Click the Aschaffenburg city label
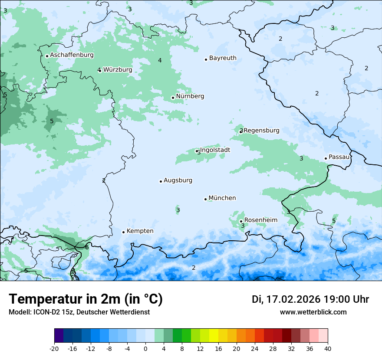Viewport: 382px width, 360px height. point(72,55)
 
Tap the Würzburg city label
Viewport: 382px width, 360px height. point(117,70)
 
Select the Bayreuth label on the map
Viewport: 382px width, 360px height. point(223,58)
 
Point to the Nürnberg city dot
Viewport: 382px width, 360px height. point(173,98)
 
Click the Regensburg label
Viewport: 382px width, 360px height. point(262,131)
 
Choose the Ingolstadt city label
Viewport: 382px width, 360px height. point(215,150)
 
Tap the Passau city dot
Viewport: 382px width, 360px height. point(326,158)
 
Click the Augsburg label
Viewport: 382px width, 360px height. point(178,180)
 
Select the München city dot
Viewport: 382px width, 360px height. point(205,199)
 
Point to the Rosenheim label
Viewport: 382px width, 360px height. point(260,220)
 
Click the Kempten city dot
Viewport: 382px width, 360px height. point(123,232)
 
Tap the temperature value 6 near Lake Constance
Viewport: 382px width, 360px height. point(87,247)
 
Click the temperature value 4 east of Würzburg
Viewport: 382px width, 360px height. point(160,60)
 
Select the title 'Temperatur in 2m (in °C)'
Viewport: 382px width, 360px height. point(86,299)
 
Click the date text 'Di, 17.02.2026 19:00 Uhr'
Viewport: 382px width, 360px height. point(310,299)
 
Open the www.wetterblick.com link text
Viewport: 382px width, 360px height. point(313,312)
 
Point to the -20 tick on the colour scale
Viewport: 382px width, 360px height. point(54,348)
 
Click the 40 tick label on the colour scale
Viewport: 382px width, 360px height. point(328,348)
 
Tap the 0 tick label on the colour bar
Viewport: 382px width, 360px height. point(145,348)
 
